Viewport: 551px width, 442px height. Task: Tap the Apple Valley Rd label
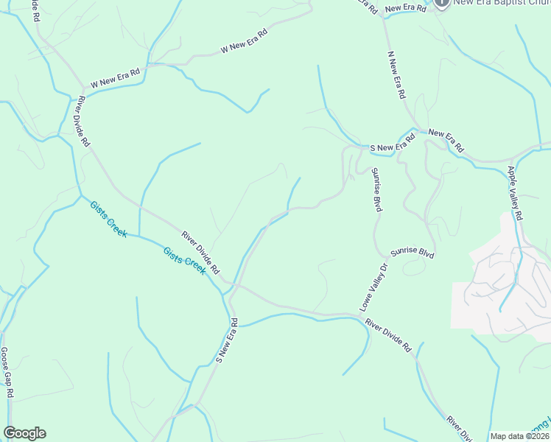[x=515, y=193]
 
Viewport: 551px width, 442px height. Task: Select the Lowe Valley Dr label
[x=373, y=287]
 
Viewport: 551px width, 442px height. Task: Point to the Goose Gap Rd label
[x=7, y=373]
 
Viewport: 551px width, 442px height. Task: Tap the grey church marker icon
[x=441, y=2]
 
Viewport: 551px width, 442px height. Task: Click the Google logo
[x=24, y=433]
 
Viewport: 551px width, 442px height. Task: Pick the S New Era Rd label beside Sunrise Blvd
[x=388, y=147]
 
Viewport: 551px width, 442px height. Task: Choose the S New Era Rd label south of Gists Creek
[x=227, y=340]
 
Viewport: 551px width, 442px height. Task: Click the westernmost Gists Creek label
[x=108, y=218]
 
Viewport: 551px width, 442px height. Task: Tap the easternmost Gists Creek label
[x=184, y=260]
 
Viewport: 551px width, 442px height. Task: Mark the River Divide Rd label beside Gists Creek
[x=200, y=250]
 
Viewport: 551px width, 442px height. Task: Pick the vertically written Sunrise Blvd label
[x=376, y=190]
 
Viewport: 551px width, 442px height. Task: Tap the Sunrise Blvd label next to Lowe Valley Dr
[x=413, y=252]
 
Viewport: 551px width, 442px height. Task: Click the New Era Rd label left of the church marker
[x=405, y=8]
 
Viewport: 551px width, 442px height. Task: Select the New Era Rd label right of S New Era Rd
[x=446, y=141]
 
